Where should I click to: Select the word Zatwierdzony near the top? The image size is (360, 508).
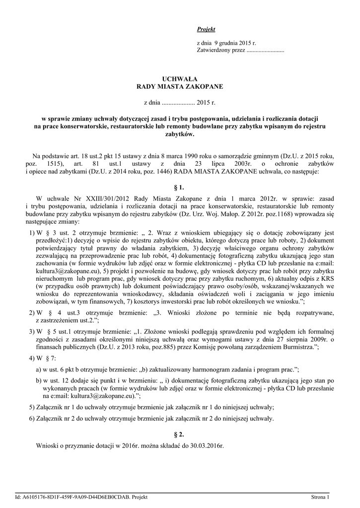click(x=214, y=50)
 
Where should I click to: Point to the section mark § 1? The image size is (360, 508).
click(x=180, y=188)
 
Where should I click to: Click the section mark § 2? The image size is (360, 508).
click(x=180, y=434)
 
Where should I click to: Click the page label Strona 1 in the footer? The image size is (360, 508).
click(x=320, y=497)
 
